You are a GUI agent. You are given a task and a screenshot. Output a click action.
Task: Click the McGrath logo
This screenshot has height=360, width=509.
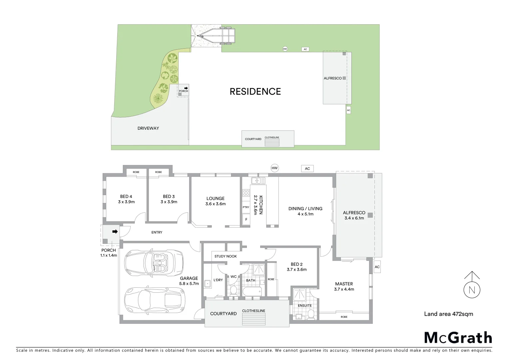coord(458,338)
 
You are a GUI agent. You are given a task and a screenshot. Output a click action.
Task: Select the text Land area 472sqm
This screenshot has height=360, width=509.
coord(448,314)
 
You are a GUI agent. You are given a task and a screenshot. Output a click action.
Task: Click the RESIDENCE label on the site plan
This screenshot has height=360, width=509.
coord(255,92)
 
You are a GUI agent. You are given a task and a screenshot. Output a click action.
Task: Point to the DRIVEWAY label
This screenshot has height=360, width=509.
coord(148,128)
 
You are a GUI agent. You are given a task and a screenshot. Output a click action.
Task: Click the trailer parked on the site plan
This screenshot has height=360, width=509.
coord(217,35)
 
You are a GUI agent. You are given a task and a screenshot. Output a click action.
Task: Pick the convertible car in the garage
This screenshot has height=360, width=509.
coord(154,263)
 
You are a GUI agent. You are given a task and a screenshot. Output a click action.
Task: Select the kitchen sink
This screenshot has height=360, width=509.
coord(258,181)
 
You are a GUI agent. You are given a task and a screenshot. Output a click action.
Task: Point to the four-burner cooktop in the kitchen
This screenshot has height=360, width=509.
coord(246,193)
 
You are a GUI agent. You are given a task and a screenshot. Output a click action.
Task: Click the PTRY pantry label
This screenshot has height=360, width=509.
coord(246,207)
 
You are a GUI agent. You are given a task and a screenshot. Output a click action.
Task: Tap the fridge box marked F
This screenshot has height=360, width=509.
coord(246,219)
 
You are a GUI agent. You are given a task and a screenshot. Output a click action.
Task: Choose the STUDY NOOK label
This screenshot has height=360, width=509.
coord(226,256)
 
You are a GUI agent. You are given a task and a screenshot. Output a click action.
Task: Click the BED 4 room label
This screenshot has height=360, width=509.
coord(126,197)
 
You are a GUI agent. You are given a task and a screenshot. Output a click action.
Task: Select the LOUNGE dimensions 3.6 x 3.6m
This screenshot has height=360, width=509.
coord(216,204)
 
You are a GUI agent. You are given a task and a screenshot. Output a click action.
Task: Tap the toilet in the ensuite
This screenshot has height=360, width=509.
coord(311,314)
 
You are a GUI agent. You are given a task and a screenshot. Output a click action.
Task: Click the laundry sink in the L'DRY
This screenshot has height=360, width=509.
coord(208,284)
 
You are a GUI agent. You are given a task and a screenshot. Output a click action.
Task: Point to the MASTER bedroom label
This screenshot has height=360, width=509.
coord(344,284)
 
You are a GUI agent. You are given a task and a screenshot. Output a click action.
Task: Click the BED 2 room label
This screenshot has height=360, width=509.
coord(296,264)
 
